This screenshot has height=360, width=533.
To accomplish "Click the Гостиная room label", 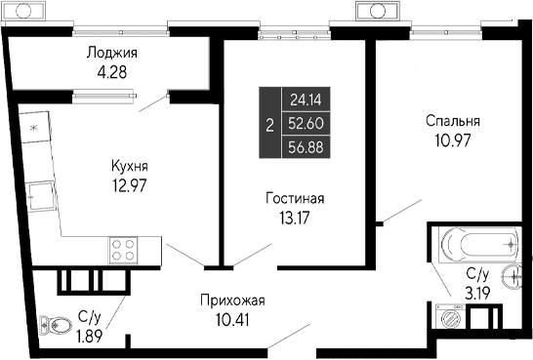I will point(294,198).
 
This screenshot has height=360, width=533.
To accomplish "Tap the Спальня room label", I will point(453,121).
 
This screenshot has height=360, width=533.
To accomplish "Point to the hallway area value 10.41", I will point(232,318).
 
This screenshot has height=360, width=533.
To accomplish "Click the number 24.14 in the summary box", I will point(305,99).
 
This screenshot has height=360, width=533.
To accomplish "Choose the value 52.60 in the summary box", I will point(305,123).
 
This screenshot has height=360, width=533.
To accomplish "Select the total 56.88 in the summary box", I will point(305,147).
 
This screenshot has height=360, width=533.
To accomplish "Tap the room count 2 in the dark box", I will point(268,124).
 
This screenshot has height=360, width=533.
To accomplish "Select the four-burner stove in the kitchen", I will point(122,250).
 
